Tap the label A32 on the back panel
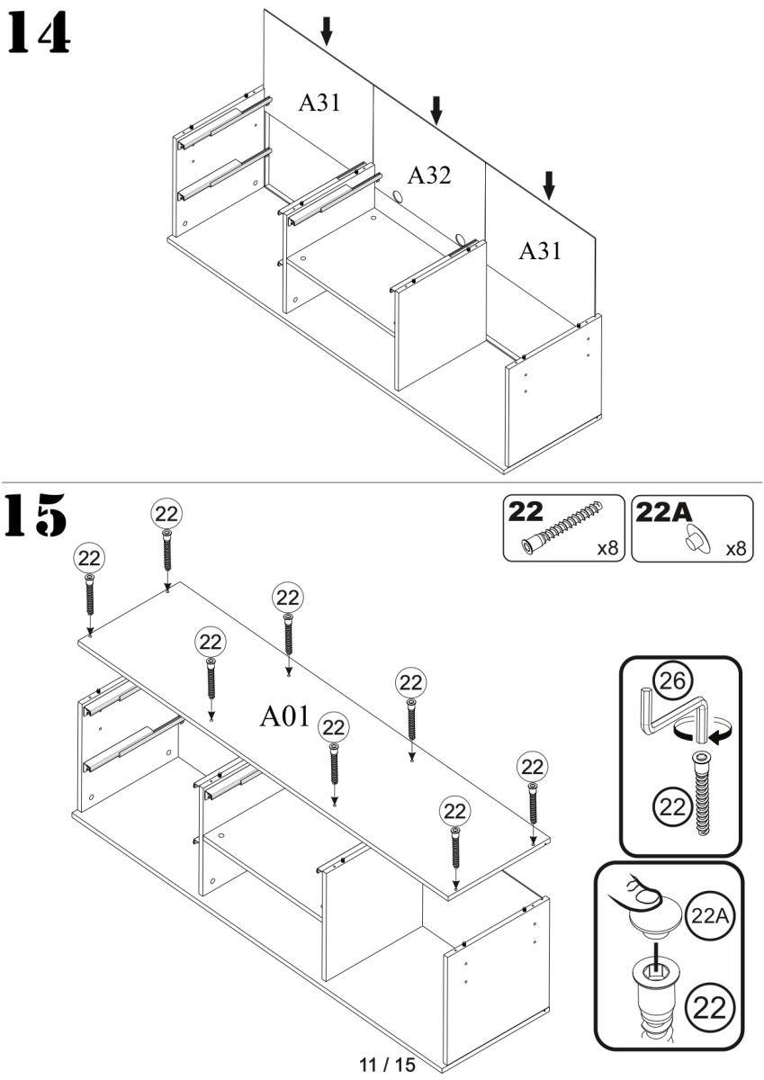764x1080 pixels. pos(428,175)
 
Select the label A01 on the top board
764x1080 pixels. pos(284,716)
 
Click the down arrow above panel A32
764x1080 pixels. pos(436,110)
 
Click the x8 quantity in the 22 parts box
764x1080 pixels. pos(609,548)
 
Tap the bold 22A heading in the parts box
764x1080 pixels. pos(666,512)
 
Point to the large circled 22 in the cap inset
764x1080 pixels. pos(711,1003)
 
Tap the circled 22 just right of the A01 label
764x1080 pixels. pos(334,727)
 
